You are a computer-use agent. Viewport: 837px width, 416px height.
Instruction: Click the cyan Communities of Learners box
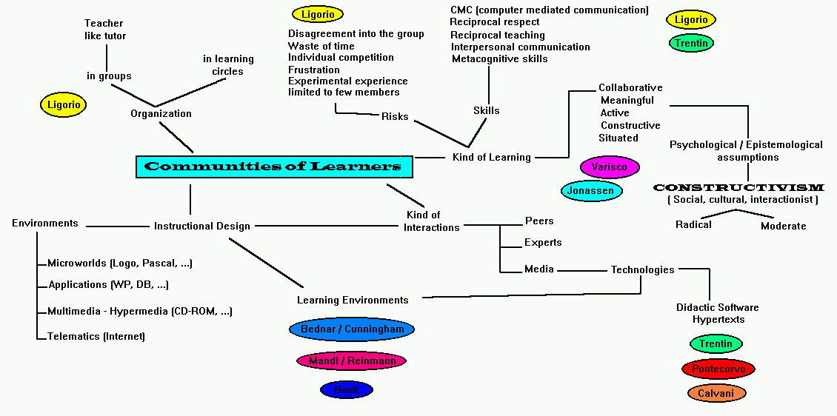click(274, 167)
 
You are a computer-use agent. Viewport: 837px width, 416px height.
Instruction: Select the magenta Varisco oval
click(609, 167)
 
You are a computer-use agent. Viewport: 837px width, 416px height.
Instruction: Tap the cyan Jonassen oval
click(591, 191)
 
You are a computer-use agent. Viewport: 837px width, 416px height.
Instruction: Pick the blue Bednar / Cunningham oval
click(352, 329)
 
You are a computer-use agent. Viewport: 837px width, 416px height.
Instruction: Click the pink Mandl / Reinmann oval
click(351, 361)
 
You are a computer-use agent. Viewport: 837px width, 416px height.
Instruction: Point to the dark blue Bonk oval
click(346, 389)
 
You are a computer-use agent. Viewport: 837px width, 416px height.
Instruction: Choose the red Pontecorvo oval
click(718, 369)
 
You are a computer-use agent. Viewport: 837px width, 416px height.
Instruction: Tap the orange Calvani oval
click(716, 393)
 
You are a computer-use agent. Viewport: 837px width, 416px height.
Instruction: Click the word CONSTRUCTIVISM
click(738, 188)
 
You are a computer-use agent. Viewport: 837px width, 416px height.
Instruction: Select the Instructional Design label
click(201, 227)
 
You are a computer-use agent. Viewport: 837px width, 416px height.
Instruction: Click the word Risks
click(395, 116)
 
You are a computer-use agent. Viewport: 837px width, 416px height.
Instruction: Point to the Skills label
click(486, 111)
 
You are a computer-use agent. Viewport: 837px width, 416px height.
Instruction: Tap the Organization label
click(161, 114)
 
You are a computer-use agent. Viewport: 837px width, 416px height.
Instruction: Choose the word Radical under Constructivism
click(693, 225)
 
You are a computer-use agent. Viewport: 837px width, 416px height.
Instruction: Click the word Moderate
click(783, 227)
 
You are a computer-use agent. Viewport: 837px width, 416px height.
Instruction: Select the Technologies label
click(642, 270)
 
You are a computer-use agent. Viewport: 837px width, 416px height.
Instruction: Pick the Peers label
click(539, 221)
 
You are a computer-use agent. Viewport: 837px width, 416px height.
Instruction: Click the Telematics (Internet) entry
click(96, 337)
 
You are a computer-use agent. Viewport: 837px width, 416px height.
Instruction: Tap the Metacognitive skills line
click(499, 59)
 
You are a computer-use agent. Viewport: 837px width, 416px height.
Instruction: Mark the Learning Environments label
click(353, 301)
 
